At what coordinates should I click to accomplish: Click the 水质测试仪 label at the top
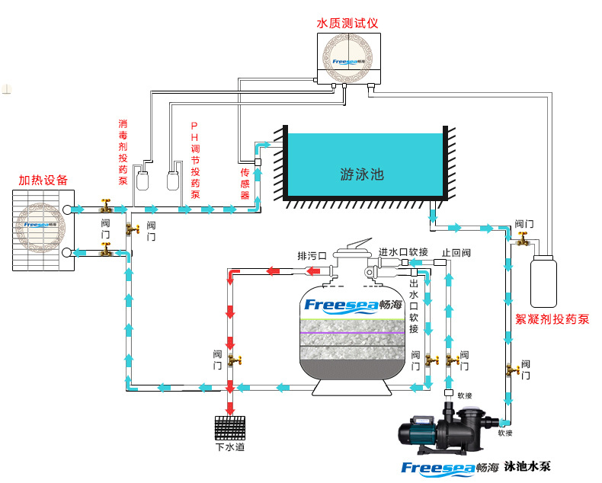coord(347,24)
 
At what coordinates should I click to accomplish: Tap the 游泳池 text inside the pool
coord(362,174)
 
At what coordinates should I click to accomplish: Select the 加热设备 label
coord(43,180)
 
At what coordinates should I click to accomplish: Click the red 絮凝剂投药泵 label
coord(552,318)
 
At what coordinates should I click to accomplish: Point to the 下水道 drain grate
coord(231,427)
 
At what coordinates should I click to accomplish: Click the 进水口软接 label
coord(403,251)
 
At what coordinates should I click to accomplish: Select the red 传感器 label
coord(245,183)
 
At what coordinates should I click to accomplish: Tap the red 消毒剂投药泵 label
coord(123,152)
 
